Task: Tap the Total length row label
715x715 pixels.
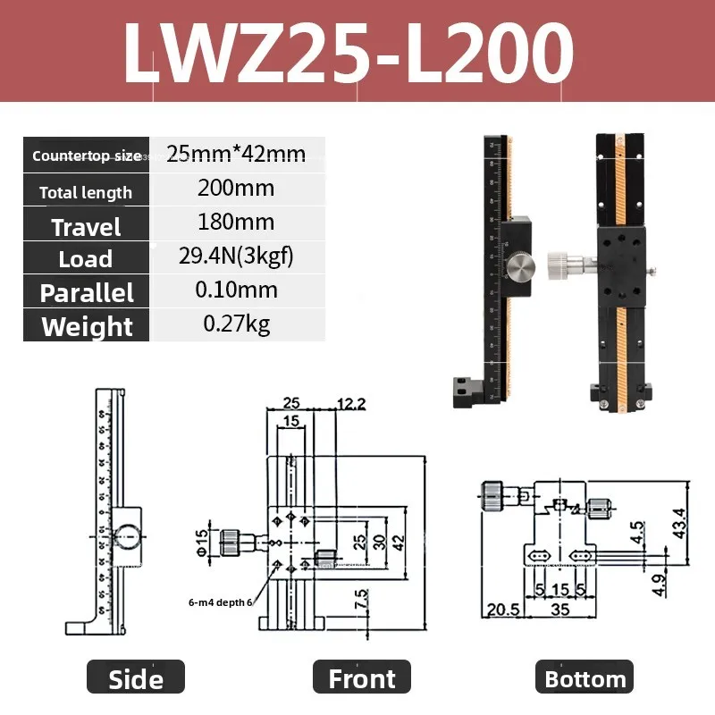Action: click(86, 192)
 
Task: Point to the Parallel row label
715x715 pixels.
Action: click(86, 292)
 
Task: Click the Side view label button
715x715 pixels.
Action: click(136, 678)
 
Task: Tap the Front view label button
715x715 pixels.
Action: click(361, 678)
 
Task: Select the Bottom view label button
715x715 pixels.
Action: click(585, 678)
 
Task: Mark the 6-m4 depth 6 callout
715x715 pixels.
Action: click(220, 601)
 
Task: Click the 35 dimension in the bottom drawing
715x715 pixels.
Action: click(560, 610)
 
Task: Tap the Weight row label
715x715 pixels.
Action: click(86, 326)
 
